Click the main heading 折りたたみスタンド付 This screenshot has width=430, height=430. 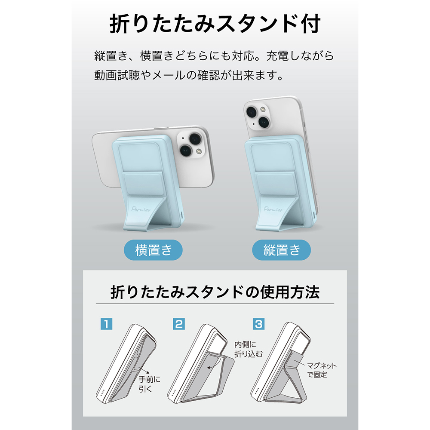click(x=215, y=24)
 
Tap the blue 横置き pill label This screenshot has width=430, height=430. click(x=154, y=250)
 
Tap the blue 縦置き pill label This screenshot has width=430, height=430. click(x=281, y=250)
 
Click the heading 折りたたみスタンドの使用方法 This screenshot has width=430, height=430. click(x=215, y=292)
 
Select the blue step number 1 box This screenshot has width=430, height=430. click(x=106, y=324)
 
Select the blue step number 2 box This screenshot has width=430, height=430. click(x=179, y=324)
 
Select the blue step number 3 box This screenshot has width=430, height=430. click(x=258, y=324)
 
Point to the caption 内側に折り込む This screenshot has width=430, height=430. click(x=248, y=349)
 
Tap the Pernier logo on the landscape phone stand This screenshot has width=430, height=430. click(x=141, y=209)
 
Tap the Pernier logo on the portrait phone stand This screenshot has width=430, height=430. click(x=273, y=209)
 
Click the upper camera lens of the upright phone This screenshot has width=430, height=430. click(x=252, y=112)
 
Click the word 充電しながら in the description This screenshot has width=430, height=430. click(x=300, y=55)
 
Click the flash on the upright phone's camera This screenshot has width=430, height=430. click(x=263, y=110)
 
